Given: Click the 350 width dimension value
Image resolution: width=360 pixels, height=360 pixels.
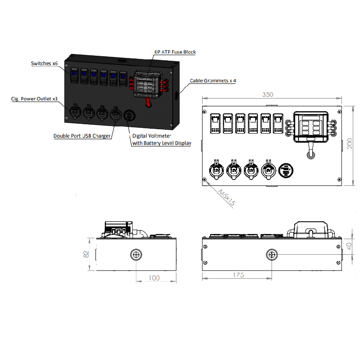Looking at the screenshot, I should pos(268,95).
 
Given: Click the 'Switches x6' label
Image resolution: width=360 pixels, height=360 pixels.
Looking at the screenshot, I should pos(44,64).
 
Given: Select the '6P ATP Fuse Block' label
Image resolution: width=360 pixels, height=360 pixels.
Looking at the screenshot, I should pos(175,52).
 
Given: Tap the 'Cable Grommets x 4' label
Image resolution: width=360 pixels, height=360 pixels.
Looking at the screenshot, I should pos(213,81).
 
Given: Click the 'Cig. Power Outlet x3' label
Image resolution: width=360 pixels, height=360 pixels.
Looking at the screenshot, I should pos(34,98).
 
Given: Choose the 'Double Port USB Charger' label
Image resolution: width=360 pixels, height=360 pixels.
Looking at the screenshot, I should pos(82,135).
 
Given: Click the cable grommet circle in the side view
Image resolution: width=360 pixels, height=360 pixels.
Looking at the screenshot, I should pos(136,255).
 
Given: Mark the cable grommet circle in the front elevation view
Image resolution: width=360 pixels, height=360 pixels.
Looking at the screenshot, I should pos(272,255).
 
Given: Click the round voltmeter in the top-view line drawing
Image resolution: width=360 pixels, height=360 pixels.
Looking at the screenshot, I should pos(286,170).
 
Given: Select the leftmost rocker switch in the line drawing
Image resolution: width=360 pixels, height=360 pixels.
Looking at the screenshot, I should pos(215,124).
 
